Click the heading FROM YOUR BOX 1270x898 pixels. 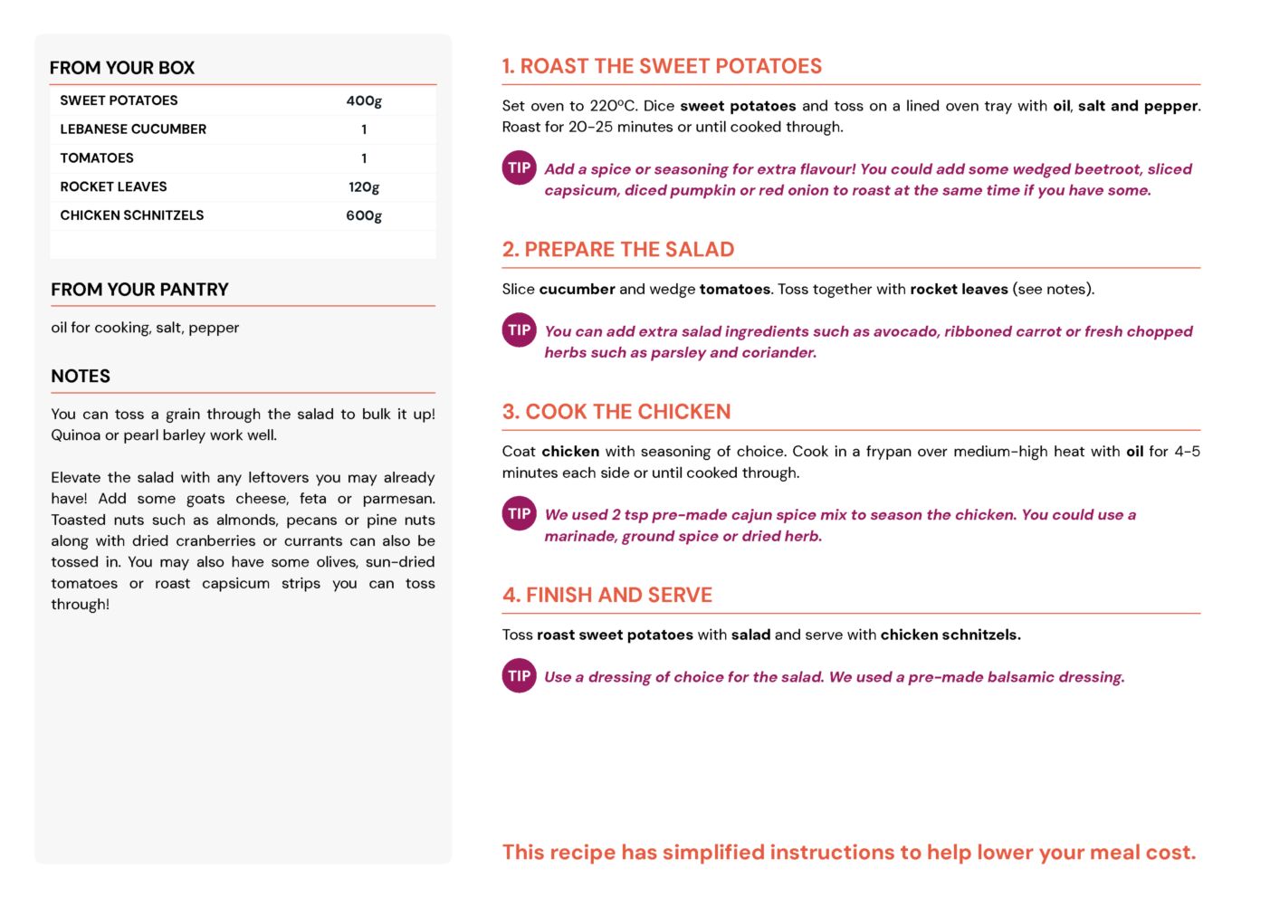tap(122, 68)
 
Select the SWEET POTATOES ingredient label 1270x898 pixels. tap(119, 100)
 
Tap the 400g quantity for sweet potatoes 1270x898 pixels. tap(364, 100)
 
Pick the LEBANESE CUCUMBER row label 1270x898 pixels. tap(133, 129)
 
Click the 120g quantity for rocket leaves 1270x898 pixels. tap(364, 187)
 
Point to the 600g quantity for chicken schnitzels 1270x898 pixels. tap(364, 215)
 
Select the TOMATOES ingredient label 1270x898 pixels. tap(97, 158)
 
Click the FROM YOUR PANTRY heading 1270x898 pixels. tap(139, 290)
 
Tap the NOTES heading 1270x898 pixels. tap(81, 377)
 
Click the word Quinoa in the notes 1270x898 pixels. tap(75, 435)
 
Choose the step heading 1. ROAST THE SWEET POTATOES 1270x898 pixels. tap(662, 66)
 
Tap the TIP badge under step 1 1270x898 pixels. tap(520, 168)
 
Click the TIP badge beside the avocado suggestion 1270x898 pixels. tap(520, 330)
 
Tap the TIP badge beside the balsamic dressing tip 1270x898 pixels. tap(520, 676)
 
